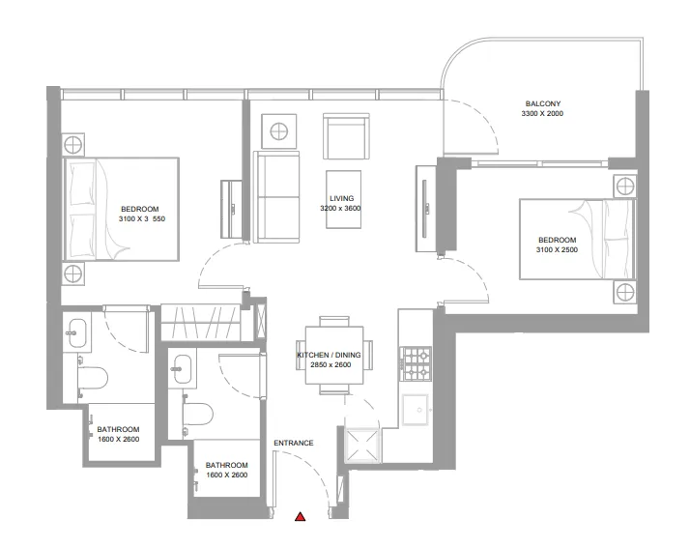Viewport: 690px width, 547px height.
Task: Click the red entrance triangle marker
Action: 301,518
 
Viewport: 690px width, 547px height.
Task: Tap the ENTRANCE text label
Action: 294,444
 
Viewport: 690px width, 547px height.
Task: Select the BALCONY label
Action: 543,103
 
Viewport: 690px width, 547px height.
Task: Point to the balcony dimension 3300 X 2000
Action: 542,114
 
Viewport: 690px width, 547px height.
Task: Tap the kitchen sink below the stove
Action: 418,410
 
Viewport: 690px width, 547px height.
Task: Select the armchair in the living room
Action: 345,138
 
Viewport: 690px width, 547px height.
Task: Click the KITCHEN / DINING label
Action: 335,356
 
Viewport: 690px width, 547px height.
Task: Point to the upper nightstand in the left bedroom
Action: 73,146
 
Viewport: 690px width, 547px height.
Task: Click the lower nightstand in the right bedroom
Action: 623,291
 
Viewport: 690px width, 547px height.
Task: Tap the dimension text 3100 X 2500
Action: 557,250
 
